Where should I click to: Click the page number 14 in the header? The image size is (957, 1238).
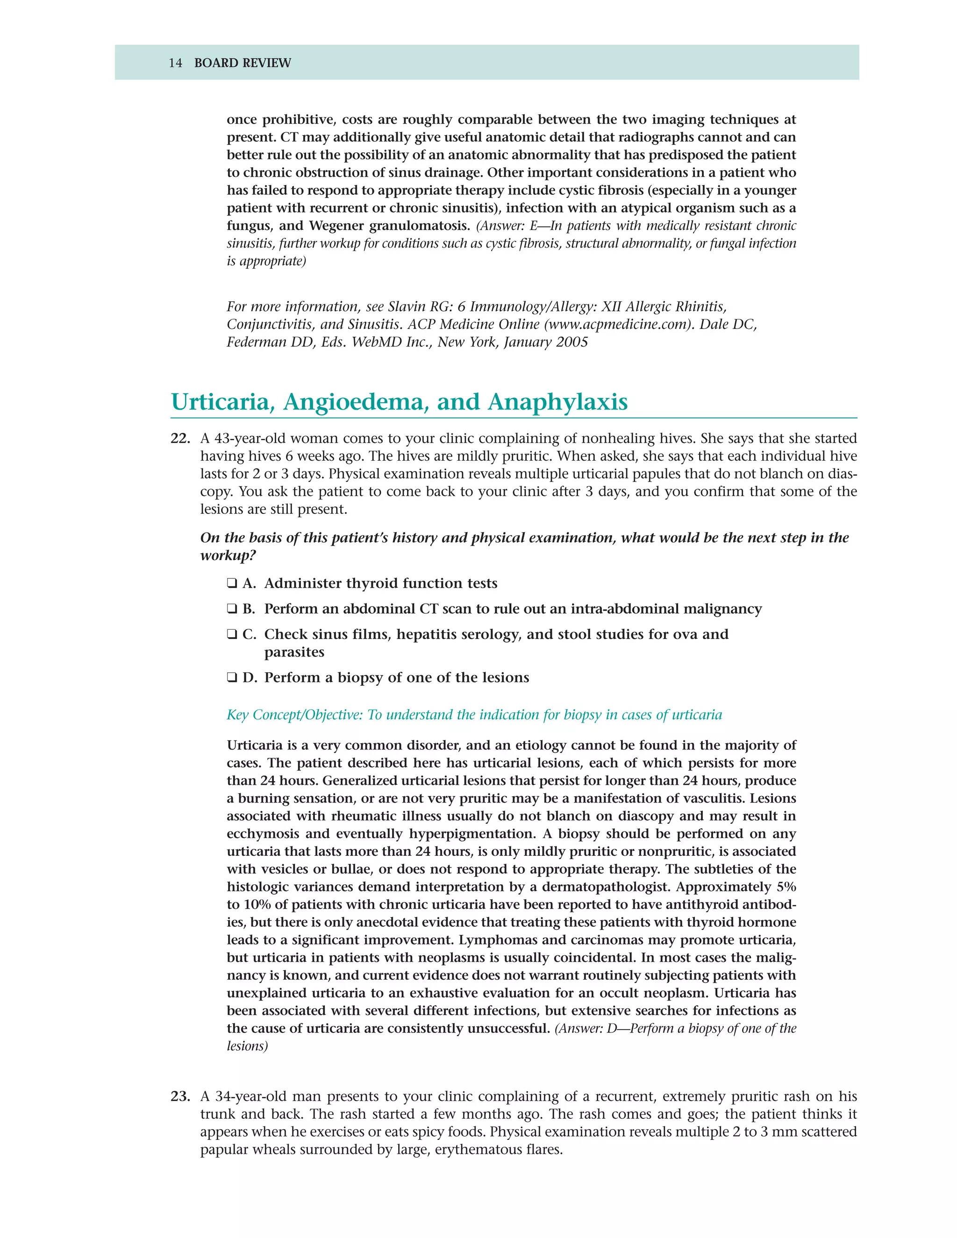(x=175, y=63)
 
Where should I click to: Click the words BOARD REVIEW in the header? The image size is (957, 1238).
(x=242, y=63)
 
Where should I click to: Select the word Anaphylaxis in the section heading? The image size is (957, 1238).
(x=557, y=402)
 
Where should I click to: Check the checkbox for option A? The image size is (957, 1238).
(x=232, y=583)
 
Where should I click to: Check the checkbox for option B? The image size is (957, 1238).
(x=232, y=609)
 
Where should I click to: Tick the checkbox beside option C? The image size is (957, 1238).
(x=232, y=634)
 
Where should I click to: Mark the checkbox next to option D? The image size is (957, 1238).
(x=232, y=678)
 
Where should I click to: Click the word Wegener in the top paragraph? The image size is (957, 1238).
(x=336, y=226)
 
